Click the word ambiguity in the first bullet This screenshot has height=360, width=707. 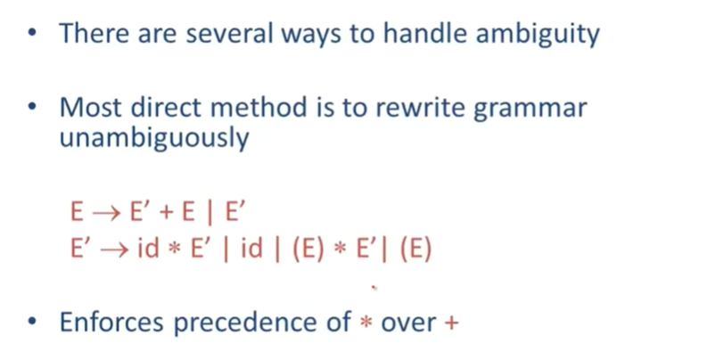(538, 33)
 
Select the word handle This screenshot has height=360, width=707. (424, 33)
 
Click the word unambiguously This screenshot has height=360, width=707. (154, 137)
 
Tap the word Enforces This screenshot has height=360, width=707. (111, 322)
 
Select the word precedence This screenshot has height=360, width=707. (262, 323)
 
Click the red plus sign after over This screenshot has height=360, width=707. (451, 323)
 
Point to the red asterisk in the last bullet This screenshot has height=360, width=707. (366, 323)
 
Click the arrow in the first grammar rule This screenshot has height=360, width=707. (106, 212)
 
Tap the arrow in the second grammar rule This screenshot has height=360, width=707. (114, 250)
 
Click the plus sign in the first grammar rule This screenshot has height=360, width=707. (167, 212)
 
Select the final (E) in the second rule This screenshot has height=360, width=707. (415, 249)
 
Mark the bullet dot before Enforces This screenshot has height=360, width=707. (32, 322)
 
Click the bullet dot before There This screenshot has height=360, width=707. (32, 33)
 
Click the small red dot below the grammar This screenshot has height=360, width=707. (374, 287)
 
